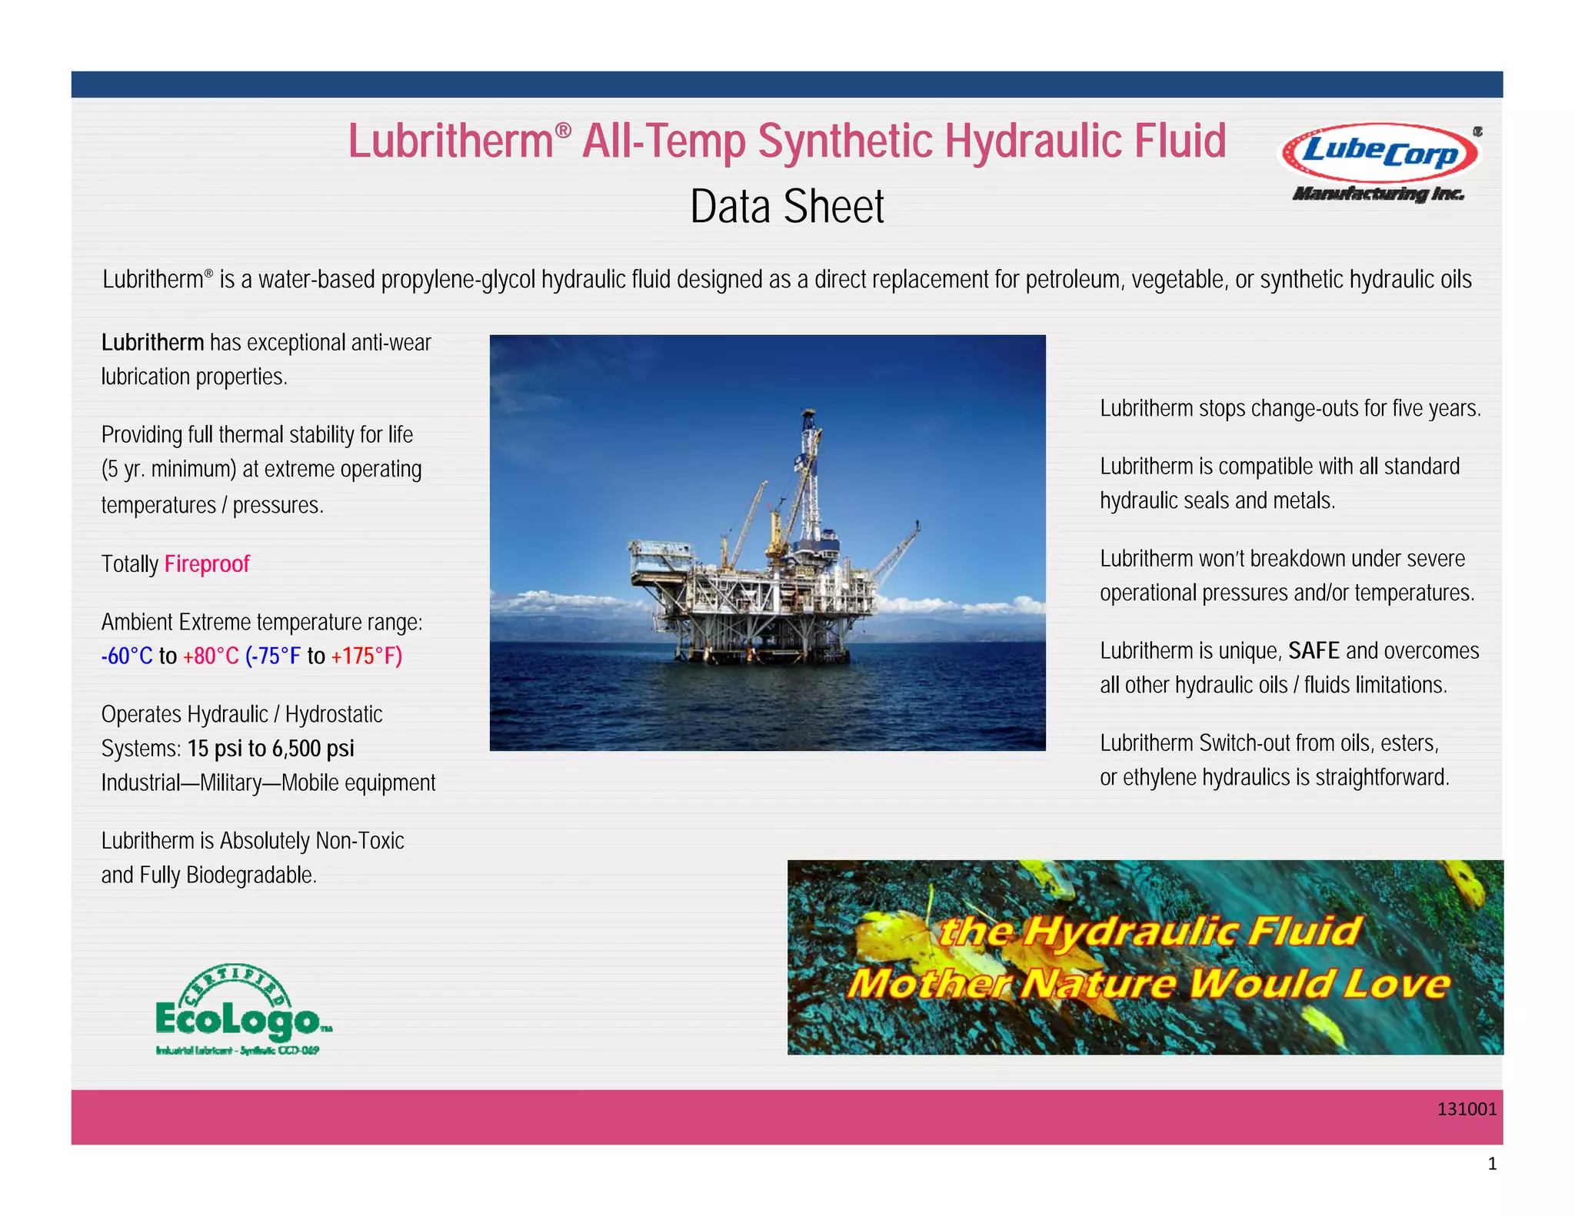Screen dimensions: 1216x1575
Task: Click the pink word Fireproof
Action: pyautogui.click(x=207, y=564)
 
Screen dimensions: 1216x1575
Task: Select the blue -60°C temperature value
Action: pyautogui.click(x=127, y=656)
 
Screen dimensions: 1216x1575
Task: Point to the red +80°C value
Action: pyautogui.click(x=211, y=656)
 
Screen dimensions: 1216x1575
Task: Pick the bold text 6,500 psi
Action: pyautogui.click(x=313, y=749)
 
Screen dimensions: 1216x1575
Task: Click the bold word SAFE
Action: pyautogui.click(x=1314, y=651)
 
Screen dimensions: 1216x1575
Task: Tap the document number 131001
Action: pyautogui.click(x=1467, y=1109)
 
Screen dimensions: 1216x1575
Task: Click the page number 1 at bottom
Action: pyautogui.click(x=1492, y=1164)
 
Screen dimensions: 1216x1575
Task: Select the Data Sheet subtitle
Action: pyautogui.click(x=787, y=207)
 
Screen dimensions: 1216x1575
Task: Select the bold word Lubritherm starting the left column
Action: pyautogui.click(x=152, y=343)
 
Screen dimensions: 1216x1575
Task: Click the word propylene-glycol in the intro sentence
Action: pyautogui.click(x=458, y=280)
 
